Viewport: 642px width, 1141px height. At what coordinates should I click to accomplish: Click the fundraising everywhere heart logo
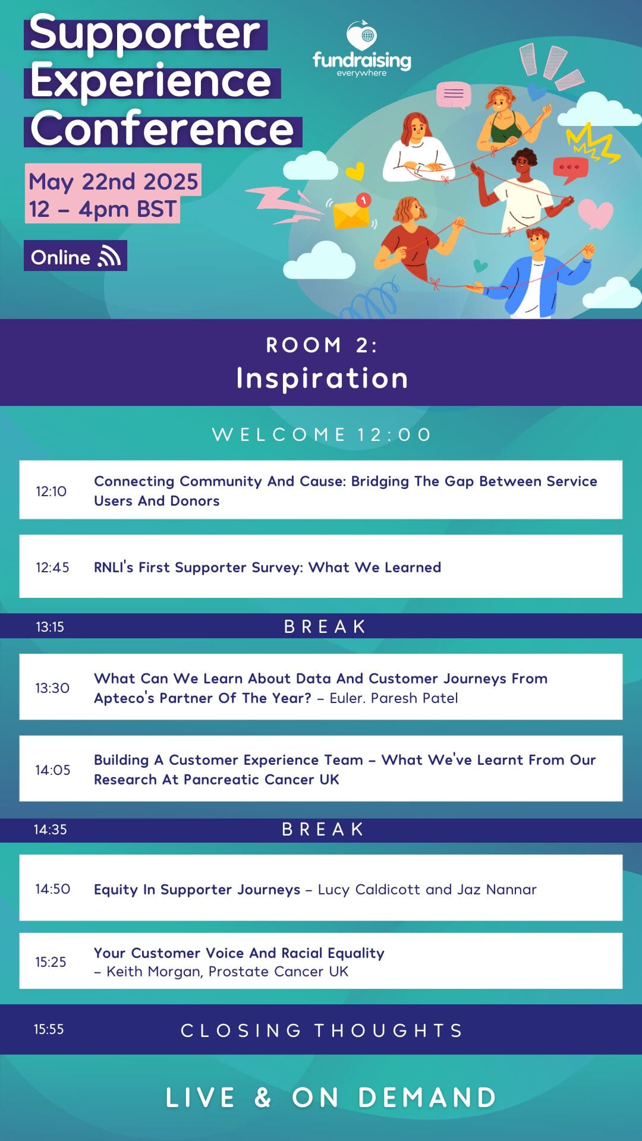[362, 36]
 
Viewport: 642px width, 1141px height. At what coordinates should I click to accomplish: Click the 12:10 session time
[51, 491]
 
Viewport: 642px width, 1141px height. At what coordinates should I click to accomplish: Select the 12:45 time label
[52, 567]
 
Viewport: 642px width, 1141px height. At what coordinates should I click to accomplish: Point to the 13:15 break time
[50, 626]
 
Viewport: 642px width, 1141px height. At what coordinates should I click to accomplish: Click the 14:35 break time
[51, 829]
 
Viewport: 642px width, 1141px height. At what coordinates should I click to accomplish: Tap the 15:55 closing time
[49, 1029]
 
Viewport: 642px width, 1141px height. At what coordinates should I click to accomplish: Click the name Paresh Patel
[414, 698]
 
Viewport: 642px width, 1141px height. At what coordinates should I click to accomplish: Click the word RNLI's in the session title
[114, 567]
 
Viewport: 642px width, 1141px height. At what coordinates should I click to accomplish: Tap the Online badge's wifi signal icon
[109, 256]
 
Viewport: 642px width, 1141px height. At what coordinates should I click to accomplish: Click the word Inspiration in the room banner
[322, 378]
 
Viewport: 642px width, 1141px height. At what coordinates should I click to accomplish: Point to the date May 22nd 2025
[114, 181]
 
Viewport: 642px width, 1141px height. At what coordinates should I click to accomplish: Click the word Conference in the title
[162, 128]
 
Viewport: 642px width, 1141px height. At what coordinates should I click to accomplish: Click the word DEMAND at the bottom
[427, 1097]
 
